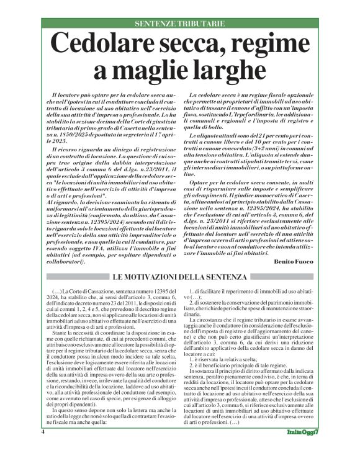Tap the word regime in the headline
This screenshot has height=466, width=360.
click(274, 45)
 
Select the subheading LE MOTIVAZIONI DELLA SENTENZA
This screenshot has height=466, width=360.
click(179, 276)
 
